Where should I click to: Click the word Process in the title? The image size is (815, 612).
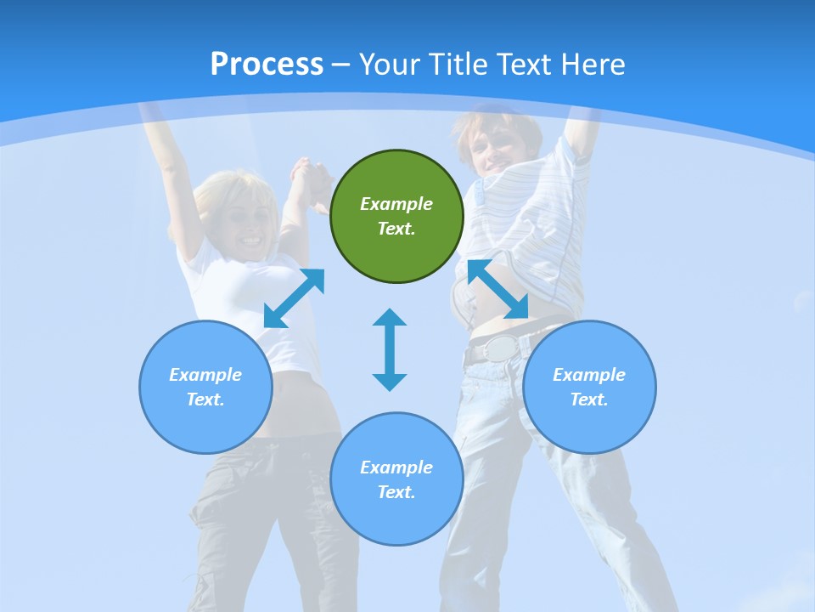(x=267, y=65)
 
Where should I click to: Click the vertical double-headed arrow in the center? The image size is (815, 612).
(x=390, y=349)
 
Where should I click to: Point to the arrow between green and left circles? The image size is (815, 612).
(x=294, y=298)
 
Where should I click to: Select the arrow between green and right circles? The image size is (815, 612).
(x=498, y=290)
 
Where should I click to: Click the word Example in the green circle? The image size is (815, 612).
(x=396, y=204)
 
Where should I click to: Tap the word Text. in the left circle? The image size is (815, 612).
(x=205, y=399)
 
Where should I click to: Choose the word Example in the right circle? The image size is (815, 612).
(x=589, y=375)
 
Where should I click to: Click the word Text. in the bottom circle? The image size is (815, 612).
(x=396, y=492)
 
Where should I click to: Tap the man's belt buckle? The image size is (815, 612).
(x=502, y=348)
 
